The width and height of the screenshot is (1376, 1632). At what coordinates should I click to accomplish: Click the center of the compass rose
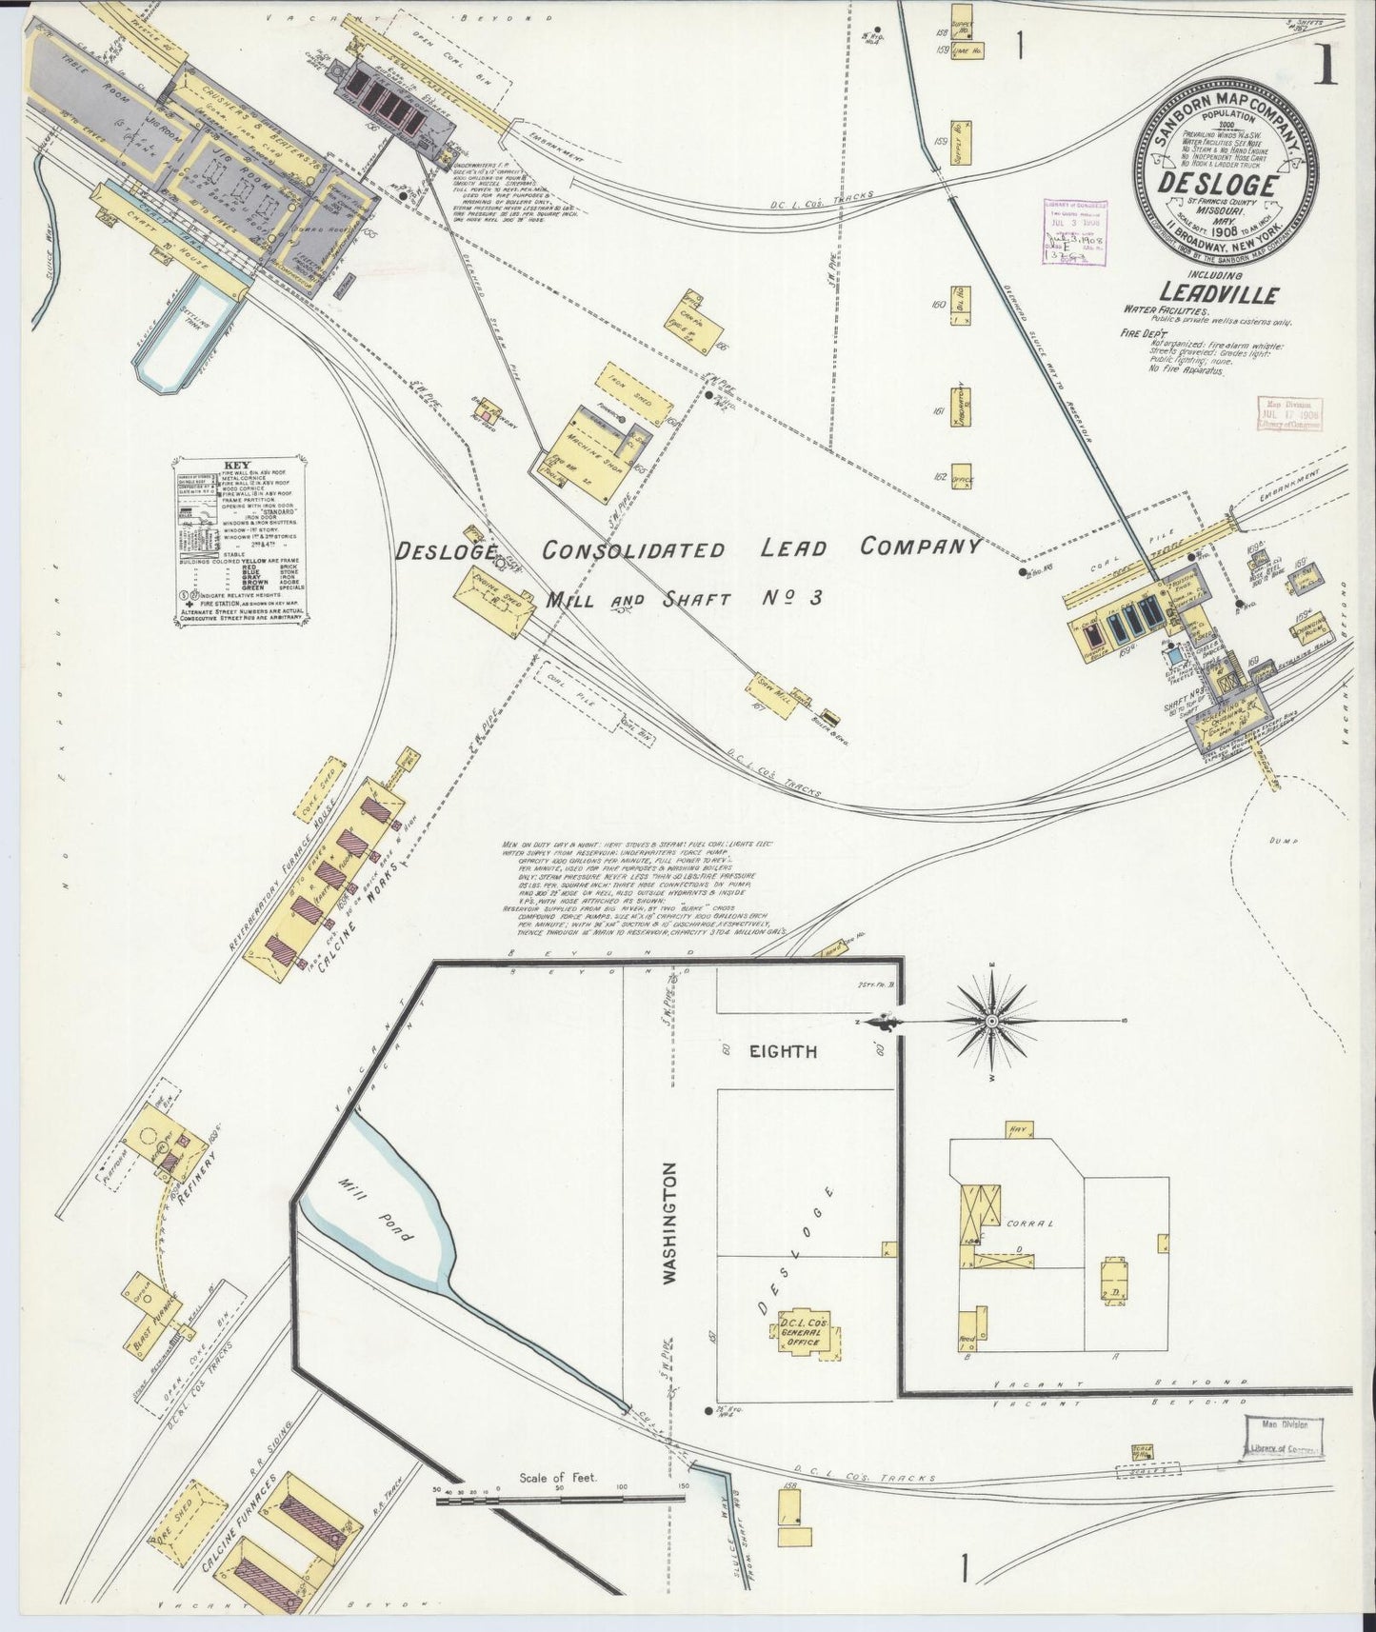pos(991,1021)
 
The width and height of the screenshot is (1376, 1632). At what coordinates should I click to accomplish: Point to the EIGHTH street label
pos(782,1051)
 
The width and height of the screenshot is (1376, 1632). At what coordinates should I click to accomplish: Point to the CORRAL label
pos(1030,1223)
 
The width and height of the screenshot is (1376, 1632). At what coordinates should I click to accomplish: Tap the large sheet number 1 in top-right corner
pos(1325,68)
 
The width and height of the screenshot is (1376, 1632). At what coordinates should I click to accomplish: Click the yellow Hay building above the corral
pos(1015,1129)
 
